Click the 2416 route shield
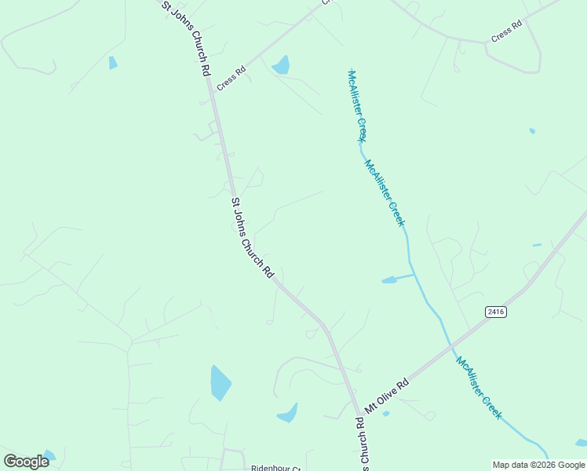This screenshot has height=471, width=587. pos(495,312)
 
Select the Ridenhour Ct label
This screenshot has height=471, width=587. pos(275,468)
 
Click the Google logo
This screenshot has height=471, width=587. pos(26,462)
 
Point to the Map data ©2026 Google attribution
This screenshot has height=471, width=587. pos(538,465)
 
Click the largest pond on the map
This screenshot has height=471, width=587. pos(221,383)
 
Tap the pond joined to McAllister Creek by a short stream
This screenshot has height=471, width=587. pos(390,279)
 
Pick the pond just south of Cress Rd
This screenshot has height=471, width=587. pos(281,65)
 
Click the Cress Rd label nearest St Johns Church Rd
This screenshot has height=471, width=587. pos(232,78)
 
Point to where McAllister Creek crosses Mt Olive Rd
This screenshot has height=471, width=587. pos(450,345)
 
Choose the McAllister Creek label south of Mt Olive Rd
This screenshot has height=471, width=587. pos(479,388)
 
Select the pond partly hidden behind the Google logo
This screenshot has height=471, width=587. pos(49,455)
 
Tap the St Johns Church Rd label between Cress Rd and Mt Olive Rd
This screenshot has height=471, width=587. pos(251,238)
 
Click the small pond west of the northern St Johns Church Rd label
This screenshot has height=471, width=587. pos(113,63)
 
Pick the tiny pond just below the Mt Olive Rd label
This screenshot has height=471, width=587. pos(385,414)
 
